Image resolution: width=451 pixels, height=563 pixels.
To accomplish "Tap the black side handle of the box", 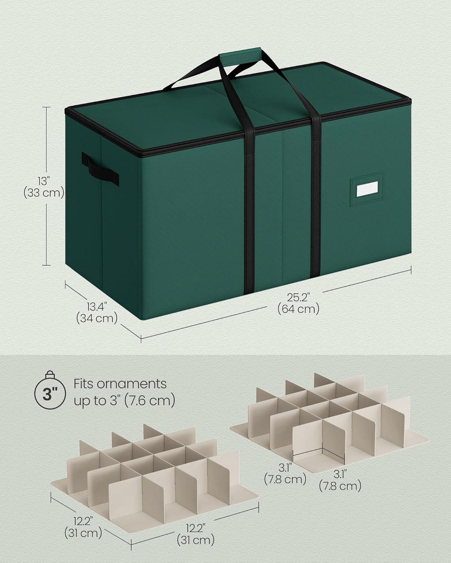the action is coord(100,169).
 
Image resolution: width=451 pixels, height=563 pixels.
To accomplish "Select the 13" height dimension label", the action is coord(44,181).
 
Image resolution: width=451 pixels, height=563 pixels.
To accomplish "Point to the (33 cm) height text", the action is coord(44,193).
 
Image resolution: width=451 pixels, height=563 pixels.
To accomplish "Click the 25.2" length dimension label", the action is coord(298,297).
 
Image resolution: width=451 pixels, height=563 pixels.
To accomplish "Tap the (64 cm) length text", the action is coord(298,309).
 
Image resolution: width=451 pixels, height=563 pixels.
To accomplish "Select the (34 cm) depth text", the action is coord(97,318).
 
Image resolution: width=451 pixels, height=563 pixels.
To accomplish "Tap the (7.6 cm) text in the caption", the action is coord(150,400).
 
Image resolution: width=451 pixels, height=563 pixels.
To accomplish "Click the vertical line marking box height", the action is coord(46,186).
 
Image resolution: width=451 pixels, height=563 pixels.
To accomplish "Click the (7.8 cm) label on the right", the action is coord(340,486).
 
